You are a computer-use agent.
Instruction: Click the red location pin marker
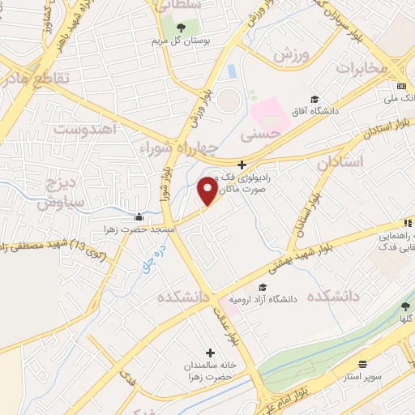207,191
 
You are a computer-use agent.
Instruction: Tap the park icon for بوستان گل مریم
180,28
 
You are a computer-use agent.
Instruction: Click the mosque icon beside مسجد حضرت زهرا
139,217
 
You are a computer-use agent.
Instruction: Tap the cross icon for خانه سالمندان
211,353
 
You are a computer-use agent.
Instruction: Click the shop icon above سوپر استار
362,366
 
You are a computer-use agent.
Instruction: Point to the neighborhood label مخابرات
362,67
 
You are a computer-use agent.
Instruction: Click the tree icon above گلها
405,306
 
